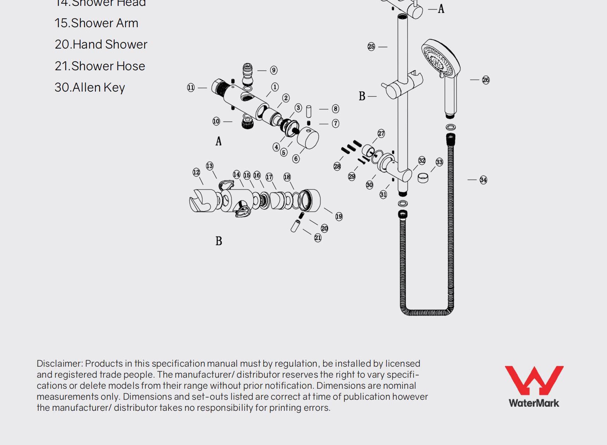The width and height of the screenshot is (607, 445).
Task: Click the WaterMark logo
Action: (534, 386)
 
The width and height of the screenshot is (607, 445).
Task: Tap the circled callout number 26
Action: (485, 80)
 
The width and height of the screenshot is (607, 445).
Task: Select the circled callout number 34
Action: (483, 180)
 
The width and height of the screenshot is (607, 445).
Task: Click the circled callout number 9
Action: (274, 70)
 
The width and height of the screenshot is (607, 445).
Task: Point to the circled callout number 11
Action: (191, 88)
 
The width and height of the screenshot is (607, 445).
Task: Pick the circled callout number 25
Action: (371, 47)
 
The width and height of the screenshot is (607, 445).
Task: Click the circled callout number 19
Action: (339, 217)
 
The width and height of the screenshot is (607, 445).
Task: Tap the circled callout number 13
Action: (209, 166)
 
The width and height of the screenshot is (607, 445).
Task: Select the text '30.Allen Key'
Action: (90, 88)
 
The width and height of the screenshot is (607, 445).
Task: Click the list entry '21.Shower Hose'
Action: (100, 66)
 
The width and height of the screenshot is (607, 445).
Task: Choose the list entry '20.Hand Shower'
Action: (101, 44)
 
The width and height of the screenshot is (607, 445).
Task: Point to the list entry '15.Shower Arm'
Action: (97, 23)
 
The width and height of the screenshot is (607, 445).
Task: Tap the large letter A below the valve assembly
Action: (218, 141)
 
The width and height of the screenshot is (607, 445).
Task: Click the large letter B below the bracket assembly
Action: (218, 241)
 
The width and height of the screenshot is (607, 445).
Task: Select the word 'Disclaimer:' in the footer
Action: (60, 364)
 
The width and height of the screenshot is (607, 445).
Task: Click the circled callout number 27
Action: (381, 133)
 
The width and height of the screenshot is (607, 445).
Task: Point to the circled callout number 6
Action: (296, 159)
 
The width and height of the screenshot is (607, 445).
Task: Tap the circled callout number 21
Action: (318, 238)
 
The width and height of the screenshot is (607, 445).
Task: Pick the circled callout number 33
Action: (439, 162)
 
